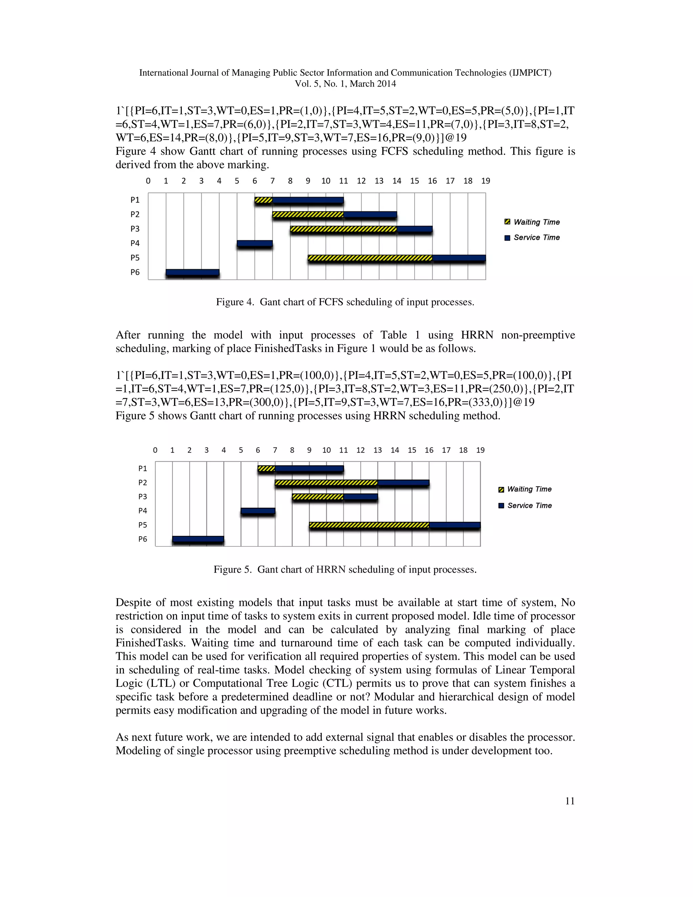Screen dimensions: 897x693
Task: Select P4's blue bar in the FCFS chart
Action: click(254, 244)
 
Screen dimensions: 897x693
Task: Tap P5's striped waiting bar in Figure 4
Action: click(370, 258)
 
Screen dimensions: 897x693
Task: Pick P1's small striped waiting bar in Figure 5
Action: click(266, 468)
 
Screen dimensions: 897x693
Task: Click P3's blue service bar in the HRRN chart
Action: click(360, 497)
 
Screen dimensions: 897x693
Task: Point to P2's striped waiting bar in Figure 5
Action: click(326, 483)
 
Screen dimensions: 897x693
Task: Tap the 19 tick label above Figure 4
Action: click(485, 181)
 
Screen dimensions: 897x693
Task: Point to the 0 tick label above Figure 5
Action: click(155, 450)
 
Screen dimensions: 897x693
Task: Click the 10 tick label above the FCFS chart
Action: click(326, 181)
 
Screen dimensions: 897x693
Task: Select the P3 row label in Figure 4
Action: click(135, 229)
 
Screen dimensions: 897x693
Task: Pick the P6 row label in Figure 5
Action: click(142, 539)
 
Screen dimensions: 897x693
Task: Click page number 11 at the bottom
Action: click(569, 801)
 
